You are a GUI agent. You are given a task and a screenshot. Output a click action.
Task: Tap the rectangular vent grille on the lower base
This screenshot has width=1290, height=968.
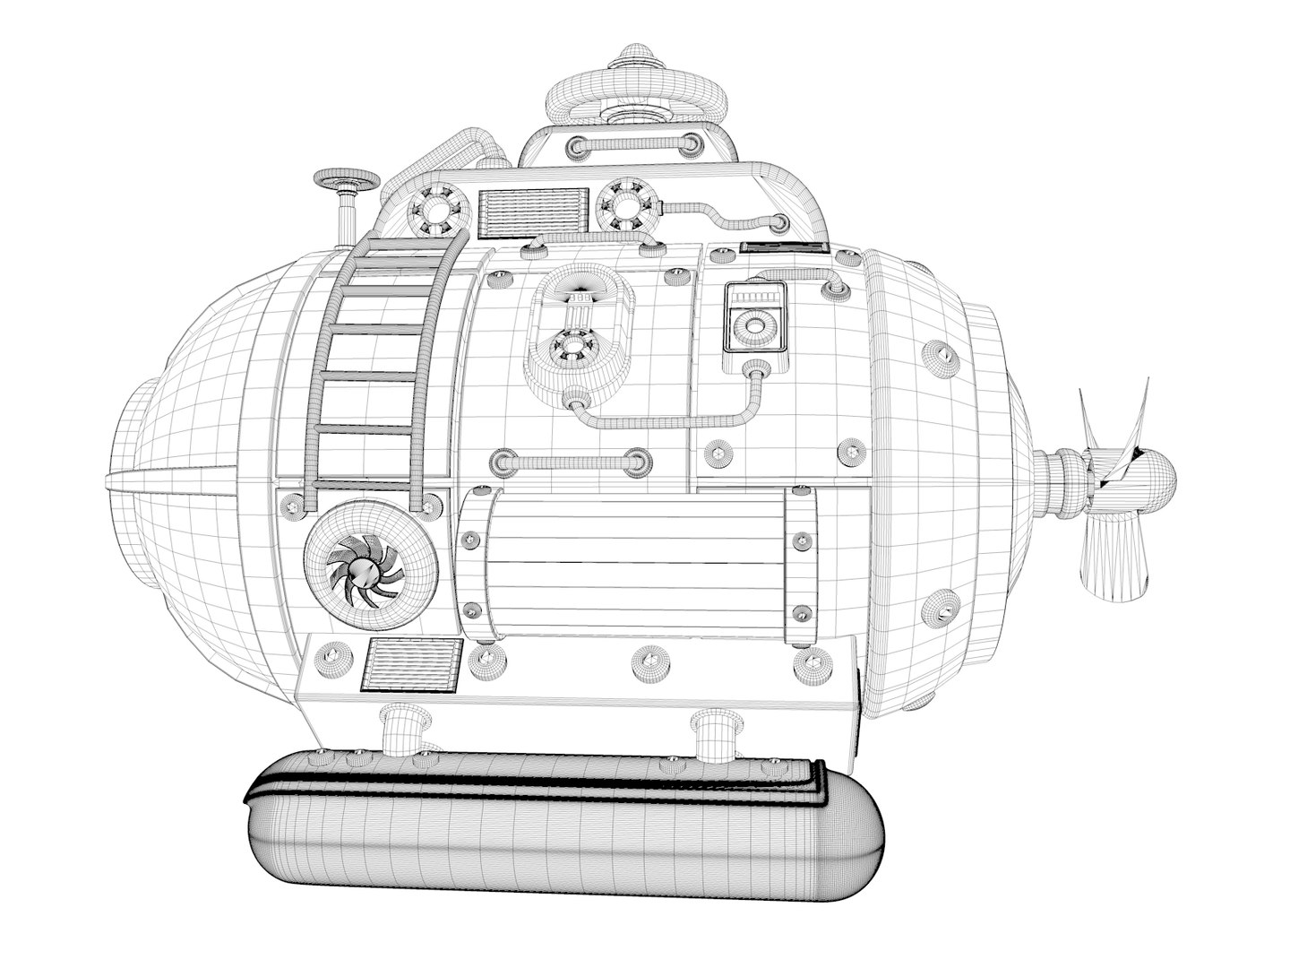tap(412, 666)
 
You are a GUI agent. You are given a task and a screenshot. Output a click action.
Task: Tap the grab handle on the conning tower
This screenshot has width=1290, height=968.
tap(631, 144)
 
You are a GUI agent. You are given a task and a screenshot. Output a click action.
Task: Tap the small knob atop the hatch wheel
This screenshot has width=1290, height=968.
tap(630, 56)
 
